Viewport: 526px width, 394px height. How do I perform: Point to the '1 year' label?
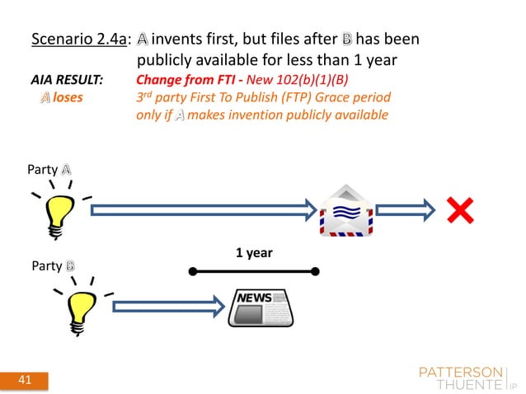coord(254,255)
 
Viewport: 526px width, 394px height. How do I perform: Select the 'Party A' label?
coord(50,169)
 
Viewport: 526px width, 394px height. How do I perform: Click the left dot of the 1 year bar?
coord(191,270)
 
